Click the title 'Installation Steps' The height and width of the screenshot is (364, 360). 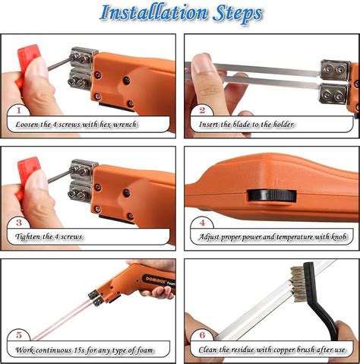[181, 14]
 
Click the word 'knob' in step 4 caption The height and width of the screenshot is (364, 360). [339, 237]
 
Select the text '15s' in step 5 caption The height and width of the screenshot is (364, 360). [88, 350]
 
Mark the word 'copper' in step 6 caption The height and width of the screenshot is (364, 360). [288, 350]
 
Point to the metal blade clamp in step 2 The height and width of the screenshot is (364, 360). [333, 81]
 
